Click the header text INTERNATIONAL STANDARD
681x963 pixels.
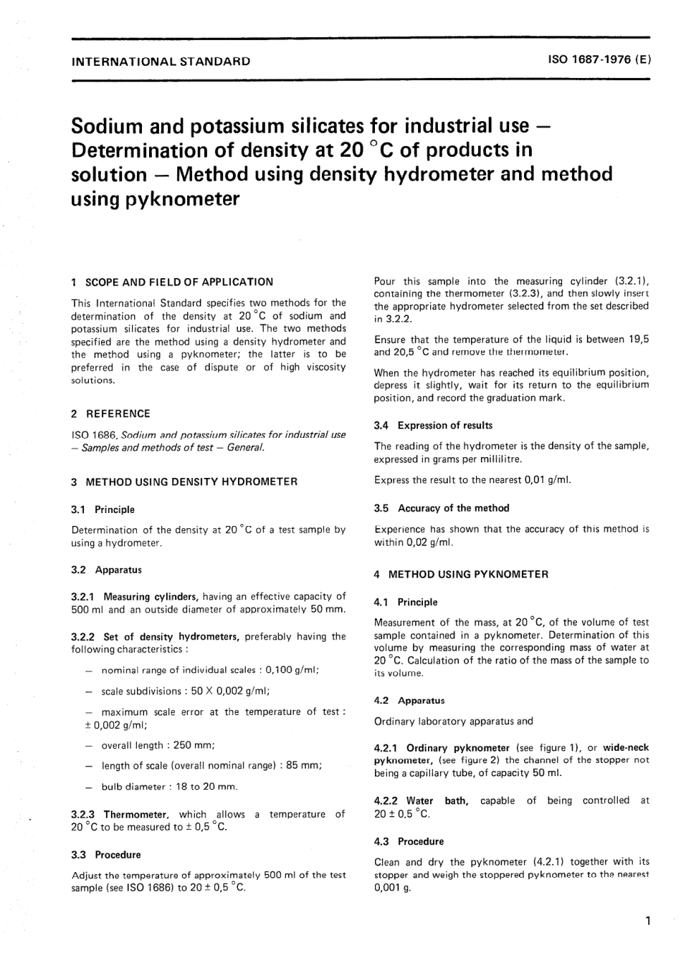pyautogui.click(x=161, y=62)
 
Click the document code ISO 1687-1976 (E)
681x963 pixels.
pyautogui.click(x=599, y=61)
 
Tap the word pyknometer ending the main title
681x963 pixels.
pyautogui.click(x=155, y=198)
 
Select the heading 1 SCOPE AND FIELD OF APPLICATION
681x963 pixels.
pyautogui.click(x=172, y=282)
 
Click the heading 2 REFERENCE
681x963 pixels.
pyautogui.click(x=110, y=413)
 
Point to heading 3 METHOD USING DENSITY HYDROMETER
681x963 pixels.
pyautogui.click(x=184, y=482)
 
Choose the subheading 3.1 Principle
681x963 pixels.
pyautogui.click(x=103, y=509)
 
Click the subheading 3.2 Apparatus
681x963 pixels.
pyautogui.click(x=106, y=570)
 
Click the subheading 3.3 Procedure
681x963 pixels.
pyautogui.click(x=106, y=855)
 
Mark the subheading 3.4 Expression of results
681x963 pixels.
pyautogui.click(x=433, y=426)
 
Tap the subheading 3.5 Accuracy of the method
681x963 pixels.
pyautogui.click(x=441, y=508)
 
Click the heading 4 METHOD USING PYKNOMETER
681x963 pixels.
pyautogui.click(x=461, y=575)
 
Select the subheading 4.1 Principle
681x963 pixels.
pyautogui.click(x=405, y=603)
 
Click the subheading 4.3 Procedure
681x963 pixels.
pyautogui.click(x=409, y=842)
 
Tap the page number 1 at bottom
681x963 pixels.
pyautogui.click(x=647, y=921)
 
